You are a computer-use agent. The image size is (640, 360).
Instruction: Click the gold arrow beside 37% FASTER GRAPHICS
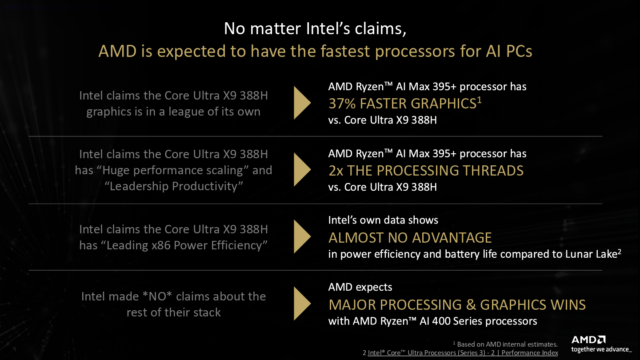point(301,103)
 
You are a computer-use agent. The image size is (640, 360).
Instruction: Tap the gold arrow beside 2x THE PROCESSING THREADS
point(301,170)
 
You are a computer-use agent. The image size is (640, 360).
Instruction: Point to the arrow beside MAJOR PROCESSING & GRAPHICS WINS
point(301,304)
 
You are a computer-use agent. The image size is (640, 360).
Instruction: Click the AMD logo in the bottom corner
point(588,340)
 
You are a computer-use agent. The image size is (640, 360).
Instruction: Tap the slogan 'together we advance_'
point(601,349)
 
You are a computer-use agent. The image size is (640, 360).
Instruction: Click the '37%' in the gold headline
point(342,104)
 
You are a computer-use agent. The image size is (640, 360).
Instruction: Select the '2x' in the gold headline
point(336,171)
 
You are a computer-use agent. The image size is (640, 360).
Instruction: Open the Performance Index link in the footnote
point(460,353)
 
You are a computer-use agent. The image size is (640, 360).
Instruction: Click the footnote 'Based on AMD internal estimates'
point(507,344)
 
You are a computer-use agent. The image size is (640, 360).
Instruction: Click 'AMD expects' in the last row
point(360,287)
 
